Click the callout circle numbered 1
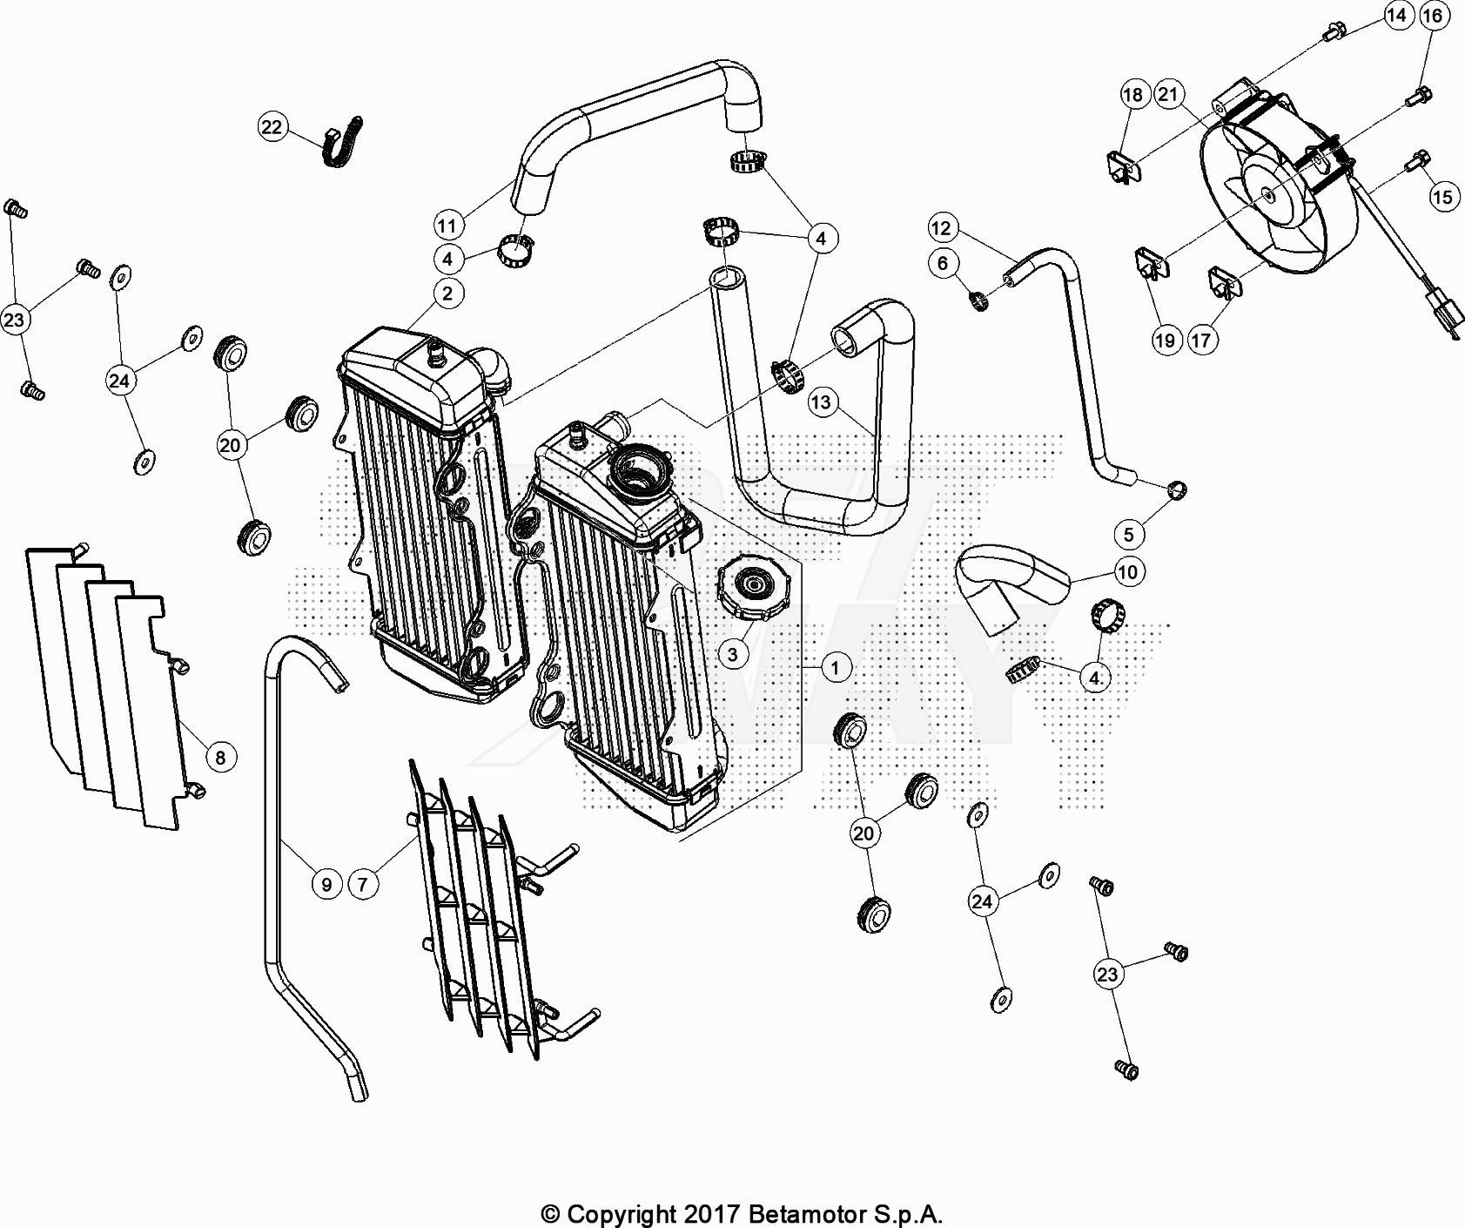[835, 668]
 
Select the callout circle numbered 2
[447, 293]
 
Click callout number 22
[272, 128]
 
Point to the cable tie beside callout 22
[342, 142]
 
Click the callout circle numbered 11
[447, 226]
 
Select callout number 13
[821, 401]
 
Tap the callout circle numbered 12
[941, 228]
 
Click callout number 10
[1127, 572]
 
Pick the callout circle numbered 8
[220, 758]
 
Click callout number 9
[326, 885]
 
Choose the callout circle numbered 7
[363, 885]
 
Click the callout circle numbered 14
[1397, 16]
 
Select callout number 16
[1433, 16]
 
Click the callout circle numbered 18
[1132, 94]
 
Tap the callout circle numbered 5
[1129, 535]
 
